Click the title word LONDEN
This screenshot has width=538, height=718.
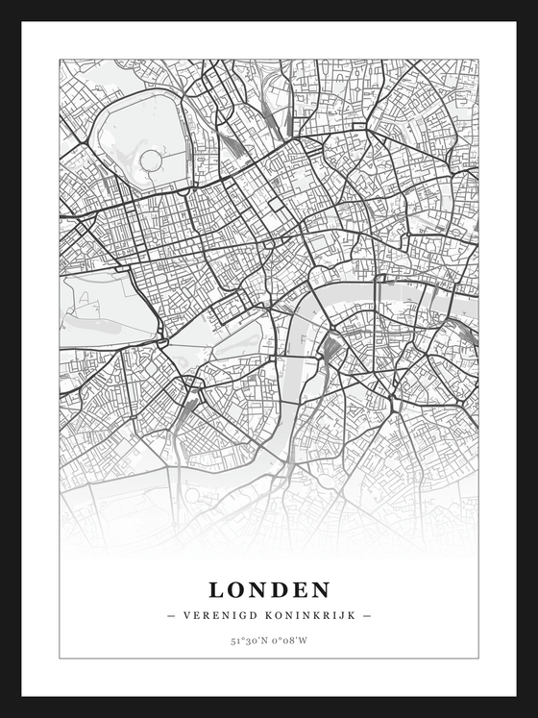[x=269, y=589]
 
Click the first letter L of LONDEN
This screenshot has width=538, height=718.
[x=216, y=589]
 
